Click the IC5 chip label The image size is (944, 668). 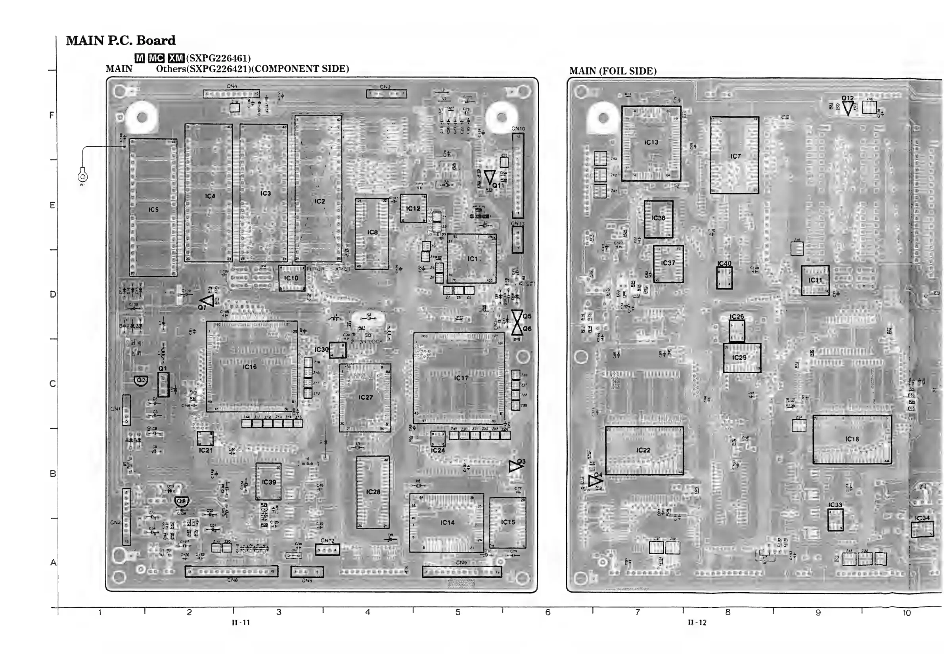pos(153,210)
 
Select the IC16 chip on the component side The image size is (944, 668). pos(252,366)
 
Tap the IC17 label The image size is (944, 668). pos(461,378)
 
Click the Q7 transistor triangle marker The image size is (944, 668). pos(208,301)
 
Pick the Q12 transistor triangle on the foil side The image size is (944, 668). pos(848,108)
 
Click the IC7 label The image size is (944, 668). pos(735,156)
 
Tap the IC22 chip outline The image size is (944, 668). pos(644,450)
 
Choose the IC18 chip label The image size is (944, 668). pos(852,439)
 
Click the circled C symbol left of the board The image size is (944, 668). pos(82,177)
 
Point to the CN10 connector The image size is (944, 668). pos(518,176)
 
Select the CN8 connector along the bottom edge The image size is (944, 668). pos(232,571)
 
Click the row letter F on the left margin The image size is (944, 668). pos(52,115)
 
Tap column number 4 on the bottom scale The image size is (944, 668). pos(368,612)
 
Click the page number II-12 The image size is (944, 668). pos(697,622)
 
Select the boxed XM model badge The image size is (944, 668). pos(176,58)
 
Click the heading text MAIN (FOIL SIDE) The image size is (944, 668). pos(613,71)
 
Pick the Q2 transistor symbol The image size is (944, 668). pos(141,380)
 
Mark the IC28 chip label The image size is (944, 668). pos(373,492)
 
